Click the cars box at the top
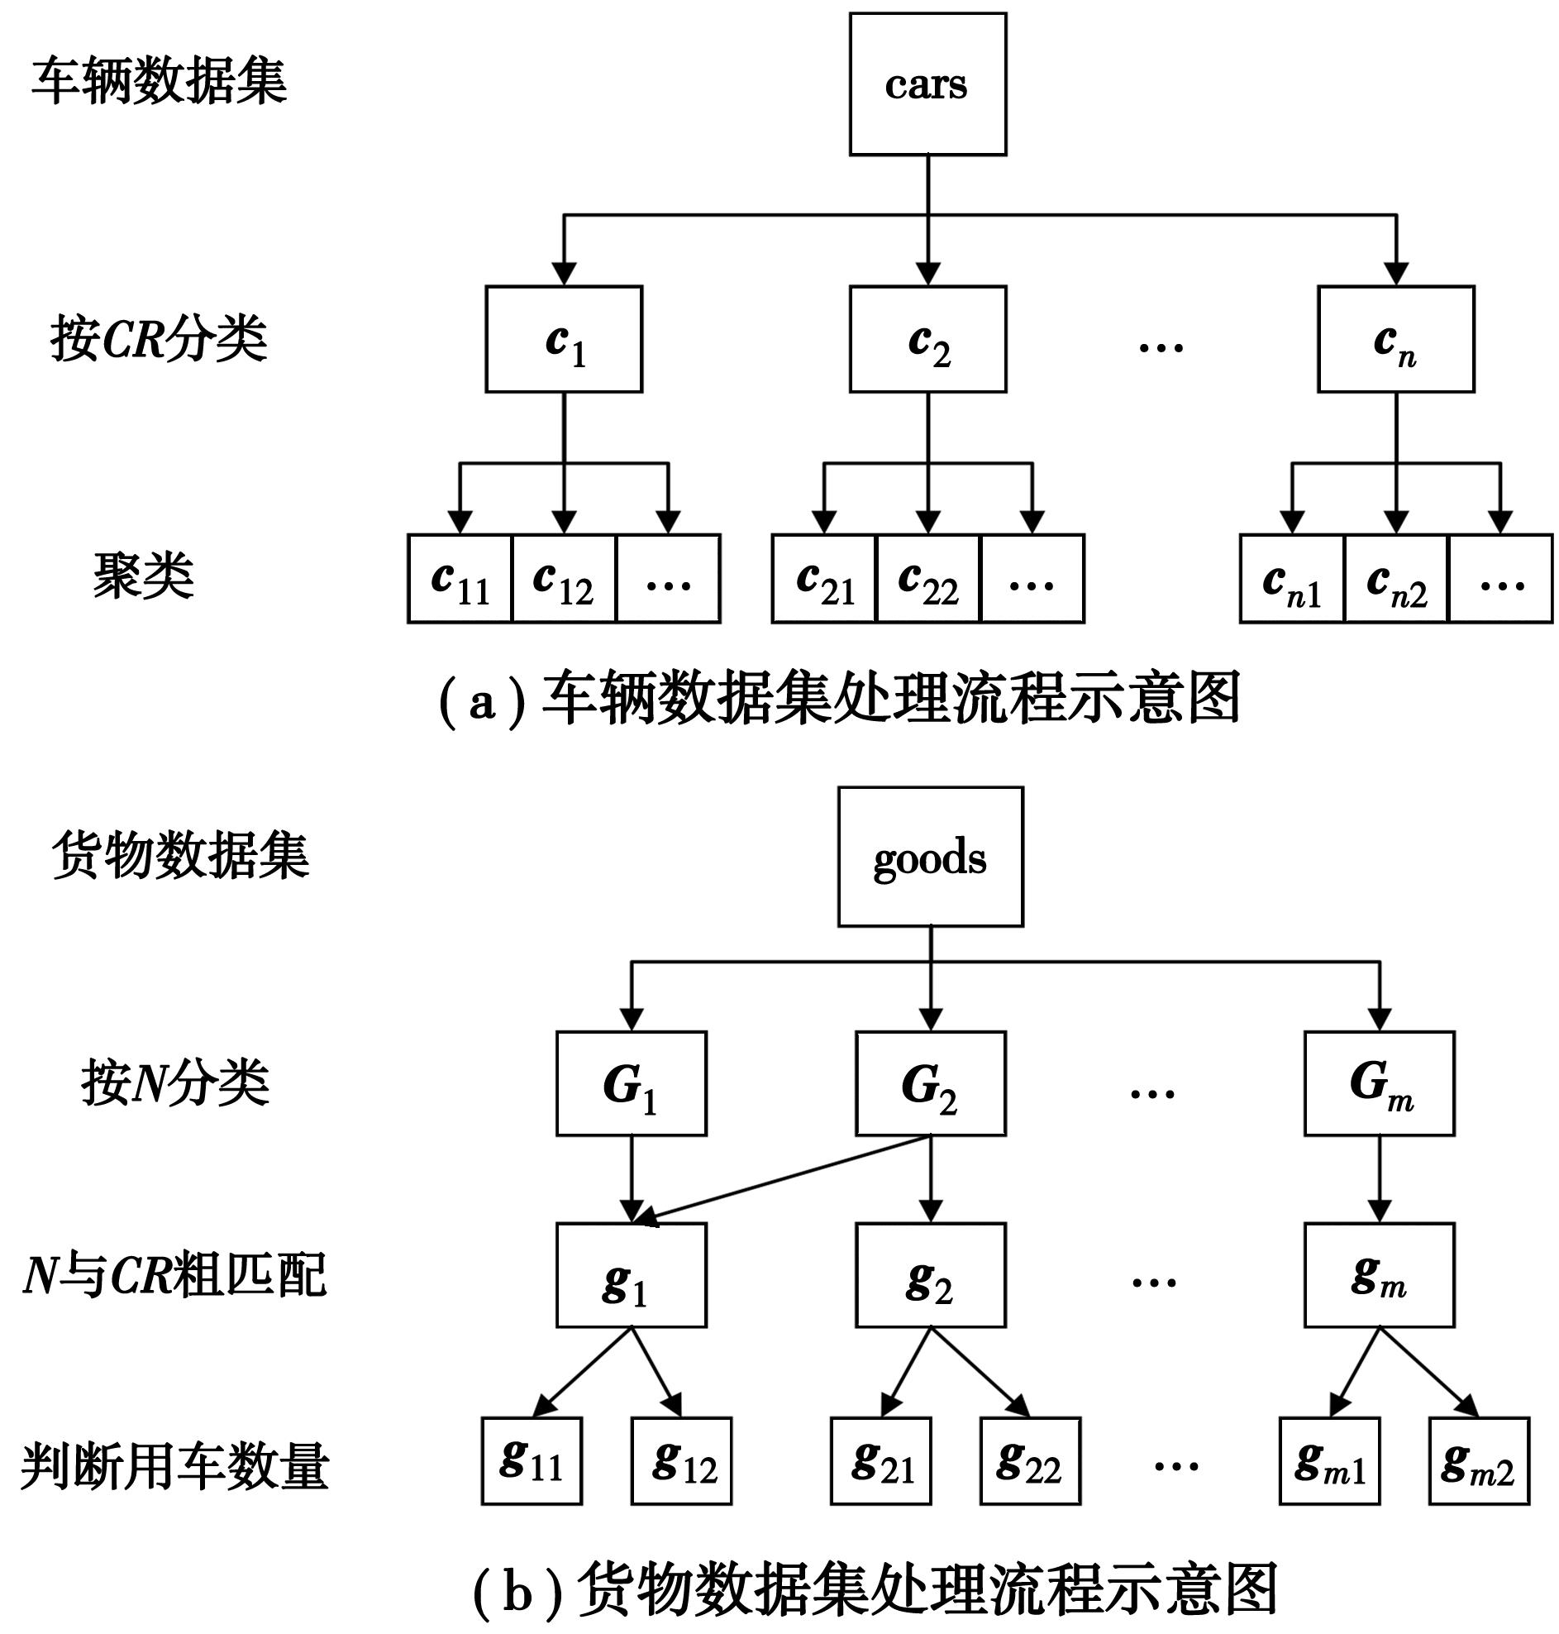[927, 84]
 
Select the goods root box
[930, 857]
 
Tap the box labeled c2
[927, 339]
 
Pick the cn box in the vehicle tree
[1395, 339]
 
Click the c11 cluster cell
[460, 580]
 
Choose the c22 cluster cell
[928, 580]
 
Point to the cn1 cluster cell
[1291, 580]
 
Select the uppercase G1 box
[631, 1084]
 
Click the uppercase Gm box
[1379, 1084]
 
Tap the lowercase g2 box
[930, 1275]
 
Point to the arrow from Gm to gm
[1380, 1178]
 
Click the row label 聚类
[144, 576]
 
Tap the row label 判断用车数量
[174, 1466]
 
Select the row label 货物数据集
[180, 855]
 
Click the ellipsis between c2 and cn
[1160, 346]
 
